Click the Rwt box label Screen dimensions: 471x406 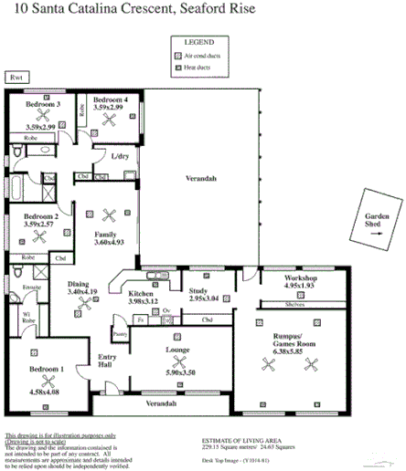click(15, 78)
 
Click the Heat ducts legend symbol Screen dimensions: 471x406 click(178, 67)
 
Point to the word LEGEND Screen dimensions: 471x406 click(198, 43)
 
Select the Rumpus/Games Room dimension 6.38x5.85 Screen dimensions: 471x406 click(294, 348)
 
